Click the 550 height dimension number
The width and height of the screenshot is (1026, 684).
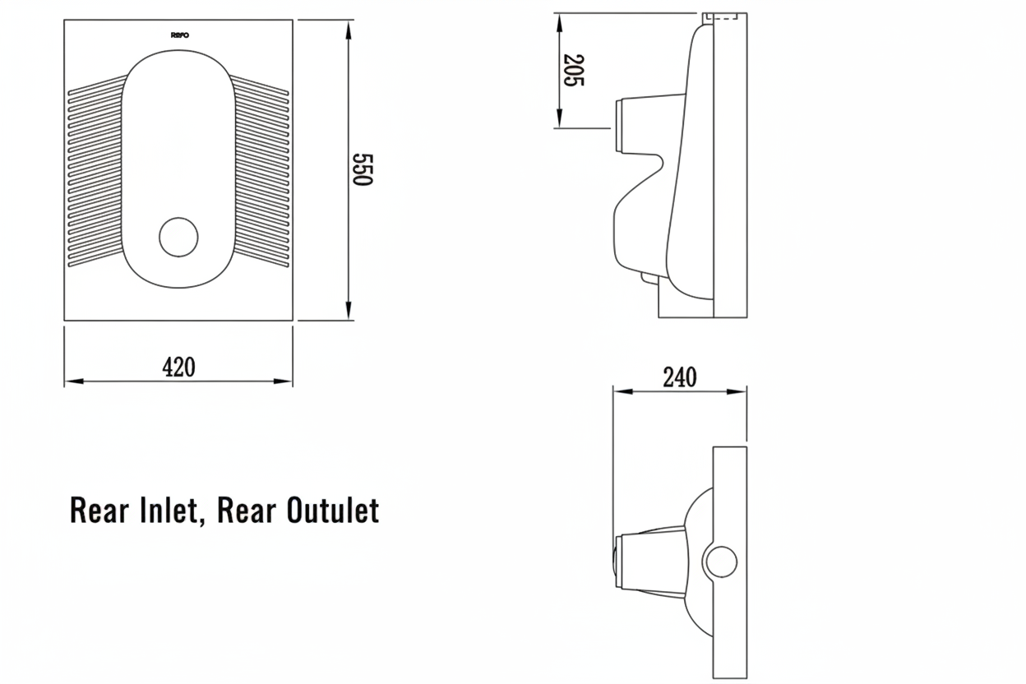363,169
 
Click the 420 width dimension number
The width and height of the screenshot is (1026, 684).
178,367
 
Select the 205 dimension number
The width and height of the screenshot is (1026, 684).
573,71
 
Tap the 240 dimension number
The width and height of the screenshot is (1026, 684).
679,377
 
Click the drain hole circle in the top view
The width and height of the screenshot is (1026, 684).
178,237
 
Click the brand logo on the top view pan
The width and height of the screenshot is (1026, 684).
180,35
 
